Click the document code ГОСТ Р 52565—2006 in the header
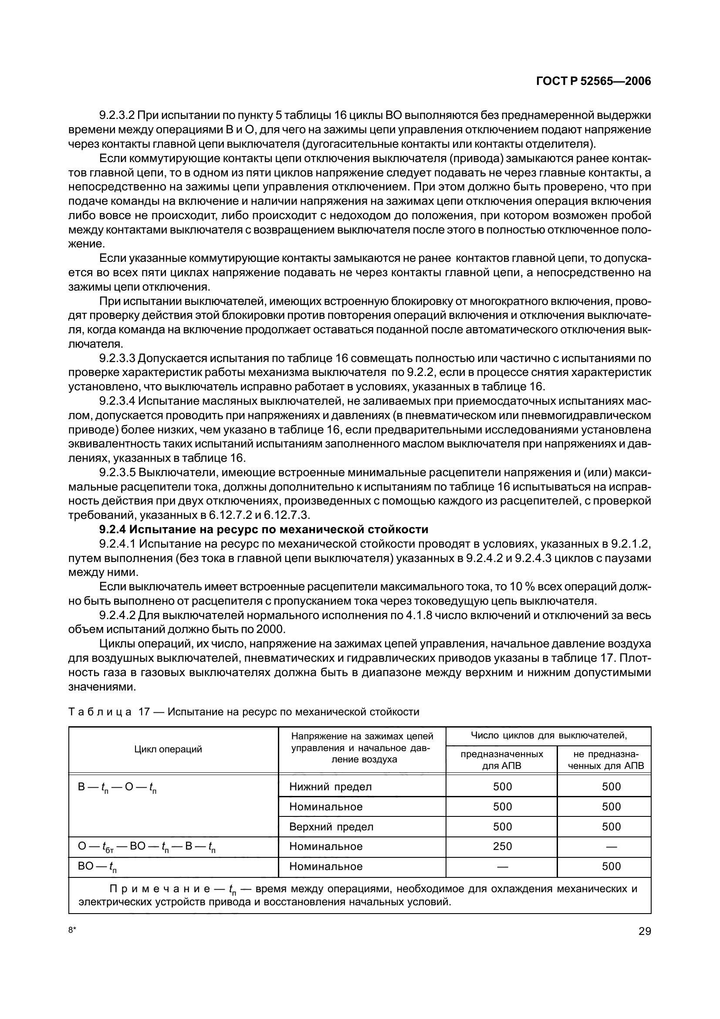tap(593, 81)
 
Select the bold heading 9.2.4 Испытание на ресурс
tap(264, 529)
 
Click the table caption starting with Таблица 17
tap(244, 712)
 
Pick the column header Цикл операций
tap(168, 749)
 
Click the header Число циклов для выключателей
tap(548, 736)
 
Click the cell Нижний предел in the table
tap(330, 787)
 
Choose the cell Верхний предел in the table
tap(331, 827)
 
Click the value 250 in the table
tap(502, 846)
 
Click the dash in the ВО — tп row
tap(502, 867)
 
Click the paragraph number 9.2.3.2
tap(117, 115)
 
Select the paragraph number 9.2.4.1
tap(117, 544)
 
